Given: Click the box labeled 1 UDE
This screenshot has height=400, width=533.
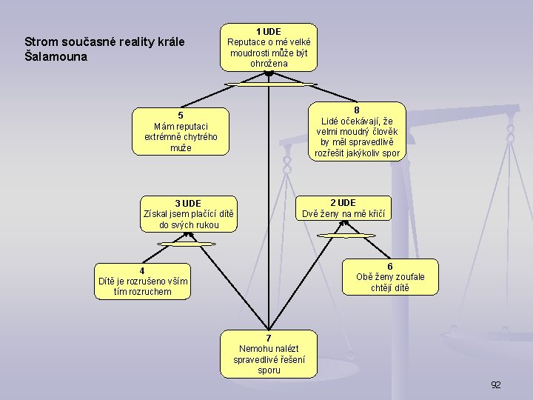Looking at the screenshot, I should (x=269, y=47).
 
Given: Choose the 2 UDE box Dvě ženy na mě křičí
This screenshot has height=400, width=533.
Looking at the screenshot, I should (x=343, y=208).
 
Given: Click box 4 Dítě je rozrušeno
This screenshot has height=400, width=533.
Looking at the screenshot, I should (x=143, y=281).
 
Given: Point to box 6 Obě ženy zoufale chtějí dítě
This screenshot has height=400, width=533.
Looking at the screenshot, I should (x=390, y=277).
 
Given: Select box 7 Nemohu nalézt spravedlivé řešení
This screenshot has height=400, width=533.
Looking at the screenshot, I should (x=269, y=353).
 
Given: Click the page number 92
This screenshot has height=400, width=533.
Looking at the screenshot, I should (x=496, y=384).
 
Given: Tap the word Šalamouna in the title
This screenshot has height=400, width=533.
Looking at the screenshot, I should (x=56, y=57).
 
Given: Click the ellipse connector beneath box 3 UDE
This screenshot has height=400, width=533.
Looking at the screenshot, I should (x=187, y=244).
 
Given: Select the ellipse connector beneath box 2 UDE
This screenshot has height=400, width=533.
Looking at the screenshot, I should (x=345, y=236).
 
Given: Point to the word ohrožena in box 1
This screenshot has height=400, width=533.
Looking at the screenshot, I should (x=269, y=64).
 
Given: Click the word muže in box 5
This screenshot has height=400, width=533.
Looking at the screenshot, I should (x=181, y=148).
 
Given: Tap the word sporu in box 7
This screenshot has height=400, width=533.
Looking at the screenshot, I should (x=269, y=370).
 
